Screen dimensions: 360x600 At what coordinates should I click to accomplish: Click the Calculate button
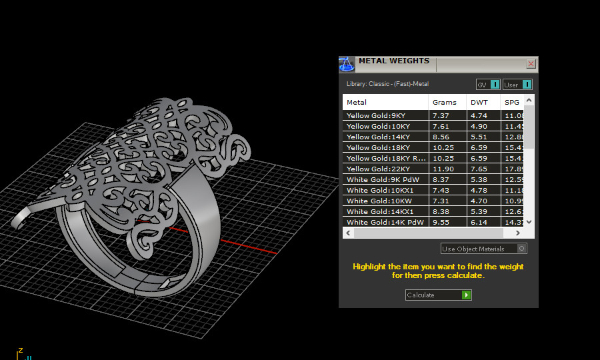[438, 295]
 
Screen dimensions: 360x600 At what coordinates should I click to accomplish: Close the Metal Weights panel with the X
[531, 64]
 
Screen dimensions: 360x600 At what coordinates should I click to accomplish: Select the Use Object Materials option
[484, 249]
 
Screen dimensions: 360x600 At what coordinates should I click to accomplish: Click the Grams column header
[445, 102]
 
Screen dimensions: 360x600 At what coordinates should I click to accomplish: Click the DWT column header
[479, 102]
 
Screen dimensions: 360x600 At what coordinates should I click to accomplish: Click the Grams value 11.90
[443, 169]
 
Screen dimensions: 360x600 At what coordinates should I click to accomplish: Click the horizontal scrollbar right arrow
[518, 233]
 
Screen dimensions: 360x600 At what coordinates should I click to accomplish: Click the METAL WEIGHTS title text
[394, 61]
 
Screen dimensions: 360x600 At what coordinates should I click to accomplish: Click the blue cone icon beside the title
[346, 64]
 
